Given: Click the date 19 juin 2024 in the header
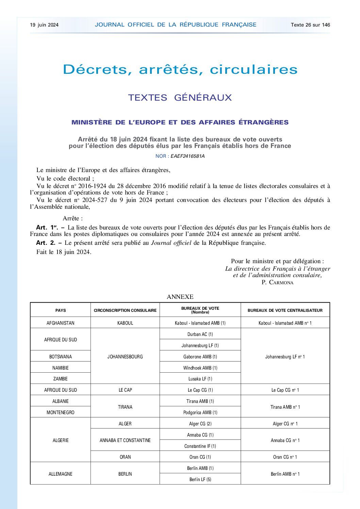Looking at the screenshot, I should point(44,25).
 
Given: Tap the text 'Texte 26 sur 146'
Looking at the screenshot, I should point(310,25).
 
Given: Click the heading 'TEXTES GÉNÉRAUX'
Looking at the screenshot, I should point(180,98).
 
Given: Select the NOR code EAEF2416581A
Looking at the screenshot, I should point(187,156).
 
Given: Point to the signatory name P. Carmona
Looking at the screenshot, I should point(277,283).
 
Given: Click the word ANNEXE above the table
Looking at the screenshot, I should point(180,297).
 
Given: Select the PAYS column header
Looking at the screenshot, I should point(61,310).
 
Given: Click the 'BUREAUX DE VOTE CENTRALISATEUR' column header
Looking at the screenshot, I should point(285,310).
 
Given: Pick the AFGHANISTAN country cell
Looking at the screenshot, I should point(61,323).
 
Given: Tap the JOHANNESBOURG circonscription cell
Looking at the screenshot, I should point(125,357).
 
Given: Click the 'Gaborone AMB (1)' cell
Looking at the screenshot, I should point(200,357).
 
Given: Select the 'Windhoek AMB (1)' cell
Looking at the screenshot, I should point(200,368).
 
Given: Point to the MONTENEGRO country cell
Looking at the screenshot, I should point(61,412).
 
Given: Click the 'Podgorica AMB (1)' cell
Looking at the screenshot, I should point(200,412).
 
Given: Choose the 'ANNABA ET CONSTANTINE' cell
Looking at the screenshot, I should point(125,440).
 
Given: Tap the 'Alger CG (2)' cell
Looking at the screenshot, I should point(200,424).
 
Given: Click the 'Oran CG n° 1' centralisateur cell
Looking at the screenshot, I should point(285,457).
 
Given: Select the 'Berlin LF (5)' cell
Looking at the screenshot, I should point(200,479).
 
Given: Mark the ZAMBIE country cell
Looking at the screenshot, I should point(61,379).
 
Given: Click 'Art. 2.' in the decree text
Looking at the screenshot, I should point(46,243).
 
